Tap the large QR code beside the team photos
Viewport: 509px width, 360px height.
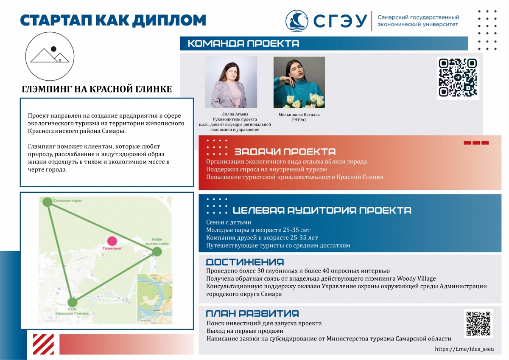click(458, 78)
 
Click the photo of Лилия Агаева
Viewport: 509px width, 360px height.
click(231, 82)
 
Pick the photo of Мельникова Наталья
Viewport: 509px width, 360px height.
click(299, 82)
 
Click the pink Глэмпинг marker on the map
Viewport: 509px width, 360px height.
click(112, 241)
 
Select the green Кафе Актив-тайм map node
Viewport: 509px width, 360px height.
click(157, 252)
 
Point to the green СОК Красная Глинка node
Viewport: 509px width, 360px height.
click(73, 302)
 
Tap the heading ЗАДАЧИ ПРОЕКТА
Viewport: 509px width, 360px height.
click(285, 152)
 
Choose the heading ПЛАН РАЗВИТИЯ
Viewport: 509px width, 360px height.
click(252, 314)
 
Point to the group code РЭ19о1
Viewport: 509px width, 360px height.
click(299, 120)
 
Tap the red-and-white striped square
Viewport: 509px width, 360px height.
click(44, 343)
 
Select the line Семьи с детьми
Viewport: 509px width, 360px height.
click(229, 222)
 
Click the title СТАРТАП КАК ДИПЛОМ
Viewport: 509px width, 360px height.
click(113, 20)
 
